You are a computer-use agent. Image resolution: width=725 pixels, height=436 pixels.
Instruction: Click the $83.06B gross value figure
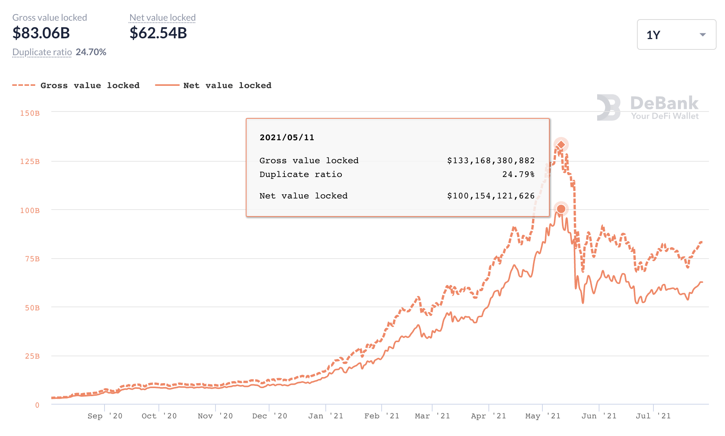click(41, 33)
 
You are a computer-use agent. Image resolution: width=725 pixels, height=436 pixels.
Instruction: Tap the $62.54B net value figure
click(158, 33)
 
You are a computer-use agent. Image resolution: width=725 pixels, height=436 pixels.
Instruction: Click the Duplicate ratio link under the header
click(42, 52)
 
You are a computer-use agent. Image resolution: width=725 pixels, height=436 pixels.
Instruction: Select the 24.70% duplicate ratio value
click(91, 52)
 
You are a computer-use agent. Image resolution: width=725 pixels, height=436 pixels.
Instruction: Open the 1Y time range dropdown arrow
click(702, 35)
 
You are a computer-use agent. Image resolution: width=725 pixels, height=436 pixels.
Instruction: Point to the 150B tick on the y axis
click(30, 113)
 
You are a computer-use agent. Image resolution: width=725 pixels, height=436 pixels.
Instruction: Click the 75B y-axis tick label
click(32, 259)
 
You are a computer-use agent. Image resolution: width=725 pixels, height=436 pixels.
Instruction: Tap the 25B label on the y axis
click(32, 356)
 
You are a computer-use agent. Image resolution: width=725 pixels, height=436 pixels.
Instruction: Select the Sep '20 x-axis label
click(105, 416)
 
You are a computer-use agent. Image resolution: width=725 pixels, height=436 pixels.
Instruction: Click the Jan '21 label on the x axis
click(325, 416)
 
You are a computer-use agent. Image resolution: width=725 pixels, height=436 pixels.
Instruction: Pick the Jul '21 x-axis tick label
click(653, 416)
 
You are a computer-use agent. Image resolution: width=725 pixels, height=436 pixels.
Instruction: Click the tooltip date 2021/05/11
click(287, 138)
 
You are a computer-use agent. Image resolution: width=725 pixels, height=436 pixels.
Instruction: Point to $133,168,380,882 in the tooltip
click(491, 161)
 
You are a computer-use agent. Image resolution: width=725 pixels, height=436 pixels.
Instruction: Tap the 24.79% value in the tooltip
click(518, 174)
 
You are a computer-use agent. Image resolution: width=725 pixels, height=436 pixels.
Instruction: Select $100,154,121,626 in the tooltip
click(491, 196)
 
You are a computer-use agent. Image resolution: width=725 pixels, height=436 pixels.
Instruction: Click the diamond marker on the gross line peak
click(561, 145)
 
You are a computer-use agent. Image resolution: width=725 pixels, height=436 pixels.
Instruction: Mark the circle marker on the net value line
click(561, 209)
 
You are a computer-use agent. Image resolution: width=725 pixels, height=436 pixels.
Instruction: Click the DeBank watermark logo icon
click(609, 108)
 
